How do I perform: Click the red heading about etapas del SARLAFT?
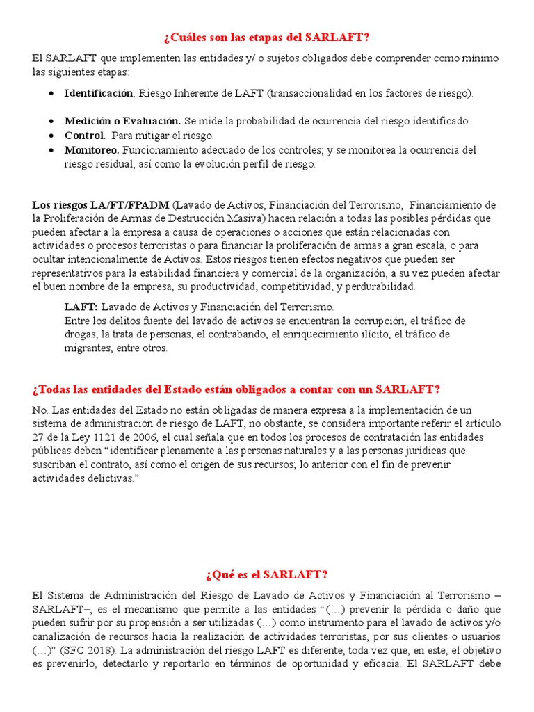[x=267, y=37]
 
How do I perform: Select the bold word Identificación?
[x=98, y=92]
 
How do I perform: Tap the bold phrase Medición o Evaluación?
[x=122, y=121]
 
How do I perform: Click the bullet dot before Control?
[x=54, y=136]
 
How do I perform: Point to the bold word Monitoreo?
[x=92, y=150]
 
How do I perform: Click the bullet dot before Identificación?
[x=54, y=93]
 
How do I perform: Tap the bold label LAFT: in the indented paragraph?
[x=81, y=307]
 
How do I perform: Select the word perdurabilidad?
[x=378, y=286]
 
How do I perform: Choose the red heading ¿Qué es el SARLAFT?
[x=267, y=574]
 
